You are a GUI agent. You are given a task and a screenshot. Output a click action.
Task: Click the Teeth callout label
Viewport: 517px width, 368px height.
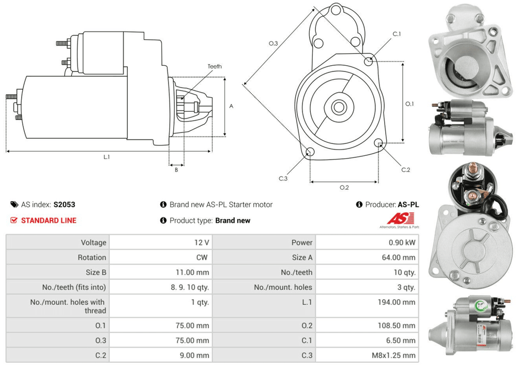tap(214, 67)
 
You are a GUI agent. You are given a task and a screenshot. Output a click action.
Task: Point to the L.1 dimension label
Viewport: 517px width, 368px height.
tap(107, 156)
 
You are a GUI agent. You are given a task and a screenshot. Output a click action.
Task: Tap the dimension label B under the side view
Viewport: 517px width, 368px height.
tap(176, 169)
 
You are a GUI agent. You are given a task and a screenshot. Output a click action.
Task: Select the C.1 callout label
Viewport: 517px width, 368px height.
tap(397, 34)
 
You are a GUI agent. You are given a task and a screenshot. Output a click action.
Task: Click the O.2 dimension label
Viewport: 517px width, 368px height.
tap(344, 187)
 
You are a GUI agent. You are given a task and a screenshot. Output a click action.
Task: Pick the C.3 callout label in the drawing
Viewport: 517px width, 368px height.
tap(283, 179)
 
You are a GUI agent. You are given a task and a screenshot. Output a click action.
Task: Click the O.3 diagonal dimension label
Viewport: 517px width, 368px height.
tap(273, 43)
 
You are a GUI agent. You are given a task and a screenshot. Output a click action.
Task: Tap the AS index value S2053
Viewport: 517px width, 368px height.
tap(65, 204)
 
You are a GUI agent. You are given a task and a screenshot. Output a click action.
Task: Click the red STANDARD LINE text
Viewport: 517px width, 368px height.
tap(49, 220)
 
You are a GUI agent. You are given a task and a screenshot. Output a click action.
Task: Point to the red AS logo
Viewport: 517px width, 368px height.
tap(396, 218)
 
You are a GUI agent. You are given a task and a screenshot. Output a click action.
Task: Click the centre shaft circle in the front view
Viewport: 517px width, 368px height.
tap(339, 108)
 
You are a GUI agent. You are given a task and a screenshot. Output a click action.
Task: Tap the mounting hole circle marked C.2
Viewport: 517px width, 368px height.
tap(379, 143)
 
